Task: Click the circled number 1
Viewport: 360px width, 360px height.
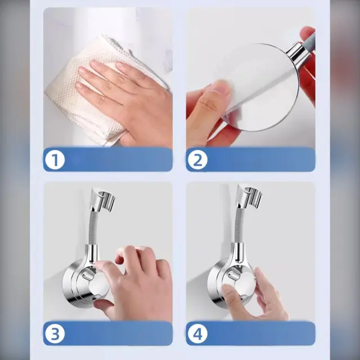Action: coord(55,160)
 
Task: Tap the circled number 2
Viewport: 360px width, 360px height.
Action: coord(197,160)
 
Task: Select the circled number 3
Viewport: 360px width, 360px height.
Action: coord(55,334)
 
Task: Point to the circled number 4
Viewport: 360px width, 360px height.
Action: coord(197,334)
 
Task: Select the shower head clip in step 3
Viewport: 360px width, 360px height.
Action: coord(103,200)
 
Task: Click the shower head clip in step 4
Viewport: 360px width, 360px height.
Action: coord(249,195)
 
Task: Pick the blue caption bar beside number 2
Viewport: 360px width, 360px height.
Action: coord(251,160)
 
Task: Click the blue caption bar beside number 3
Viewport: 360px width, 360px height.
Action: coord(108,334)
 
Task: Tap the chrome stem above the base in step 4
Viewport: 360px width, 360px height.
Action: coord(239,253)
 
